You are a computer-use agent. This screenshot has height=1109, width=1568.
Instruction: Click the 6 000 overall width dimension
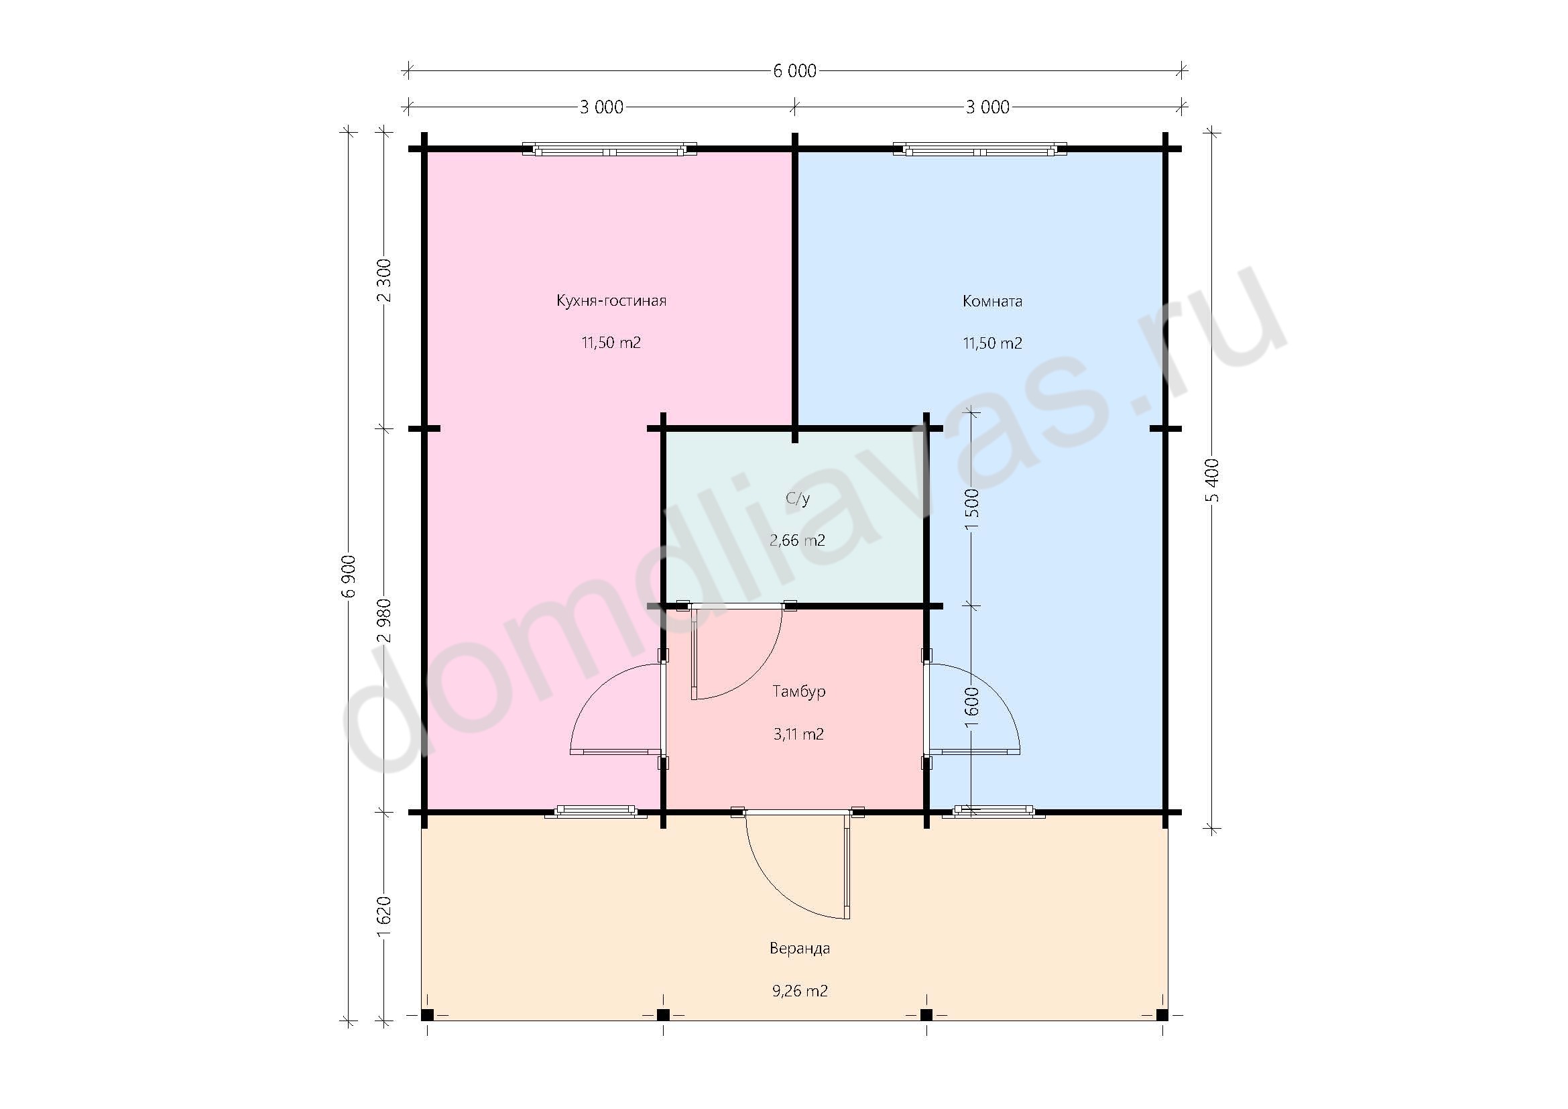[x=794, y=71]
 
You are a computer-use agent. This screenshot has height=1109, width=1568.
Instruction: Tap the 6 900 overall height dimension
[x=349, y=576]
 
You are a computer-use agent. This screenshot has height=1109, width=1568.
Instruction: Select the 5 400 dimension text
[x=1212, y=480]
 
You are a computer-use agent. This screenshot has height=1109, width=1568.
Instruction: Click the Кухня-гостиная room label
[x=611, y=300]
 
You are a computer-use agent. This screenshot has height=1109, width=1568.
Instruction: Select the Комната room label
[x=992, y=301]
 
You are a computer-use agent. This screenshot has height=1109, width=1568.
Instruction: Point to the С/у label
[x=798, y=500]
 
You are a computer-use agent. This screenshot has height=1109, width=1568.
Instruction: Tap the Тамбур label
[x=799, y=691]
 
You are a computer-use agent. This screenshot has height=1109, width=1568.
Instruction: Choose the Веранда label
[x=800, y=948]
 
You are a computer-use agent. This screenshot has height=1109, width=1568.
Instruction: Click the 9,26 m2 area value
[x=800, y=991]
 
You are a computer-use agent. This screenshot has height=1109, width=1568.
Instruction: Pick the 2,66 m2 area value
[x=798, y=541]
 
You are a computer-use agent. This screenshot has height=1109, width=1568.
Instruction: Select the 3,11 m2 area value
[x=799, y=734]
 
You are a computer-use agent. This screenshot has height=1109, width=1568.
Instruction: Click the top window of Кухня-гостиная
[x=609, y=149]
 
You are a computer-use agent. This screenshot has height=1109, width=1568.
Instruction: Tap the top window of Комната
[x=980, y=149]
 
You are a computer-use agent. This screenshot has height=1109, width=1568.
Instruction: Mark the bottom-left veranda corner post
[x=427, y=1014]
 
